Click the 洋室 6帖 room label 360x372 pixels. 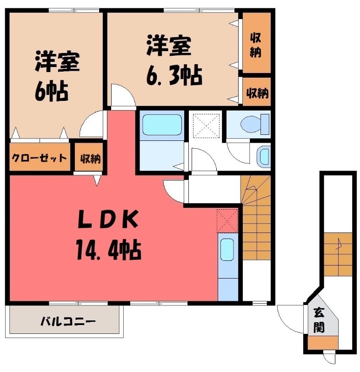[x=57, y=77]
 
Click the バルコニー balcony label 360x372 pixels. [x=67, y=321]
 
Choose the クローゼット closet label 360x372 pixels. [x=39, y=158]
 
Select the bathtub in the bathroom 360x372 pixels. [x=161, y=125]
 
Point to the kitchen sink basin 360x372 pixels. [x=227, y=249]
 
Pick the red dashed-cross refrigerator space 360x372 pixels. [x=227, y=220]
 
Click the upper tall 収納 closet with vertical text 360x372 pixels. [x=255, y=44]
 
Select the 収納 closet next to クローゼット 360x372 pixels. [x=90, y=158]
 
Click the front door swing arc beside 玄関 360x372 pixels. [x=289, y=319]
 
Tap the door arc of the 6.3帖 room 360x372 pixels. [x=124, y=97]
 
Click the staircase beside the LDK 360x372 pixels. [x=256, y=219]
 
